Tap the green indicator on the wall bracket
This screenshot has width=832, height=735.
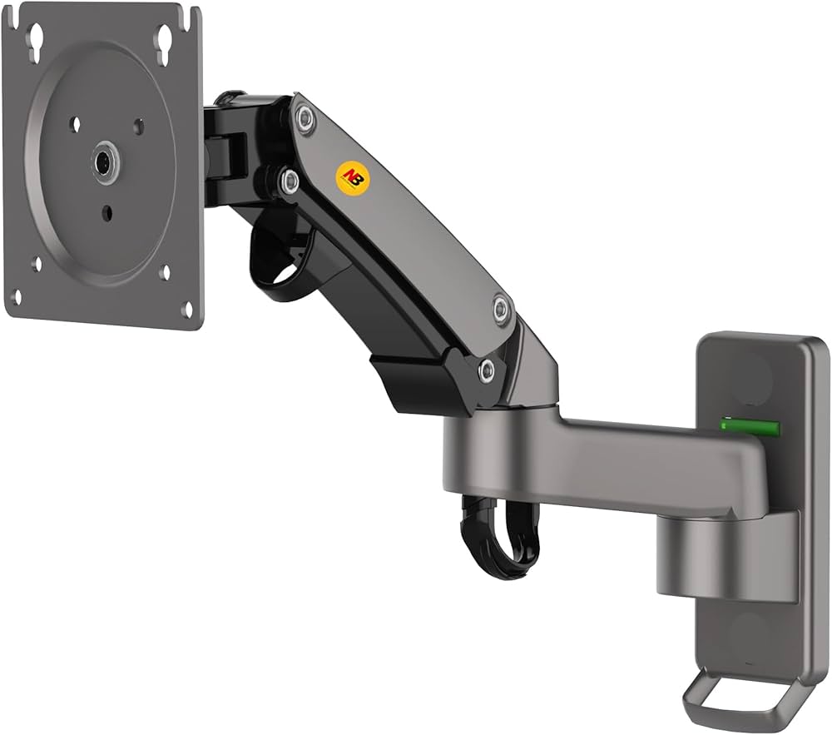pos(750,429)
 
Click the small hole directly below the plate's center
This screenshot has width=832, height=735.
pos(107,213)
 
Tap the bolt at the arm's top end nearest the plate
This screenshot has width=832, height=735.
pos(305,119)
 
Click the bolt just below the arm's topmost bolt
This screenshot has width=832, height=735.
pos(289,181)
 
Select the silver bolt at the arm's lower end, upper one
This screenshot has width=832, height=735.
pos(501,309)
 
